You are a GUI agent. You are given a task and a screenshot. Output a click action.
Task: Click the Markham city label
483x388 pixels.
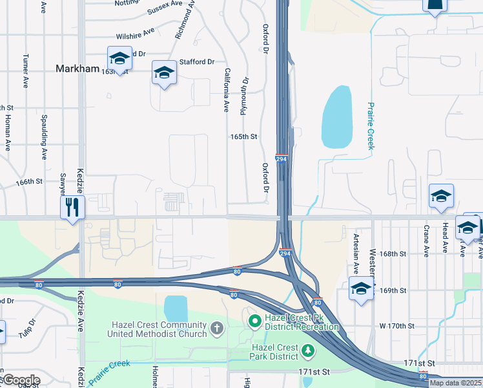77,69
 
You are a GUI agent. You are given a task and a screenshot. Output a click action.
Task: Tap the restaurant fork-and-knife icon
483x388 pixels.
72,208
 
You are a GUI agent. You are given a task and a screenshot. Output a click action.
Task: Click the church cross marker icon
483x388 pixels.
216,330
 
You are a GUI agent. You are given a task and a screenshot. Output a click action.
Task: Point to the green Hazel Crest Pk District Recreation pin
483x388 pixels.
254,320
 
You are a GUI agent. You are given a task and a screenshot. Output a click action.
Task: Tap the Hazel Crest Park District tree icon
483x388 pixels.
308,351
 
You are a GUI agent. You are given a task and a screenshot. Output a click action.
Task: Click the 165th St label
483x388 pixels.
244,137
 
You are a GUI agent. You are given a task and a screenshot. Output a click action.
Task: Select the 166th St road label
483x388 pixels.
29,182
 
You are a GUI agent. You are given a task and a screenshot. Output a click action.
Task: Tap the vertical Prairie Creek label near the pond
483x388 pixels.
371,125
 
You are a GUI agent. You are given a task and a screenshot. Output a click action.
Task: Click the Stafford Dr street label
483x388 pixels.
197,62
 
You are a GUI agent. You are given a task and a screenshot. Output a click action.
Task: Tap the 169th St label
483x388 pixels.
393,290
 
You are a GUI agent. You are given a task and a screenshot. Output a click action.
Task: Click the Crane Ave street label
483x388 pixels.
427,239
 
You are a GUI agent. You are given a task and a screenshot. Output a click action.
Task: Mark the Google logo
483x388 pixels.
21,380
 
